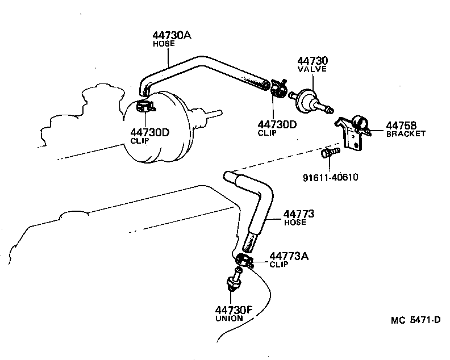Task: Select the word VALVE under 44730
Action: [312, 69]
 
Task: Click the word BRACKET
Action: [406, 134]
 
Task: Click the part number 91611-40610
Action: [331, 177]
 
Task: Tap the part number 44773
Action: [299, 214]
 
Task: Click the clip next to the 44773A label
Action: [244, 261]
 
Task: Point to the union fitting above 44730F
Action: [233, 282]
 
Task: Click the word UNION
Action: [229, 319]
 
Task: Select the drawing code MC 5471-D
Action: [415, 320]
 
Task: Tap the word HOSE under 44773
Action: [295, 223]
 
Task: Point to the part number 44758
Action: [401, 125]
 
